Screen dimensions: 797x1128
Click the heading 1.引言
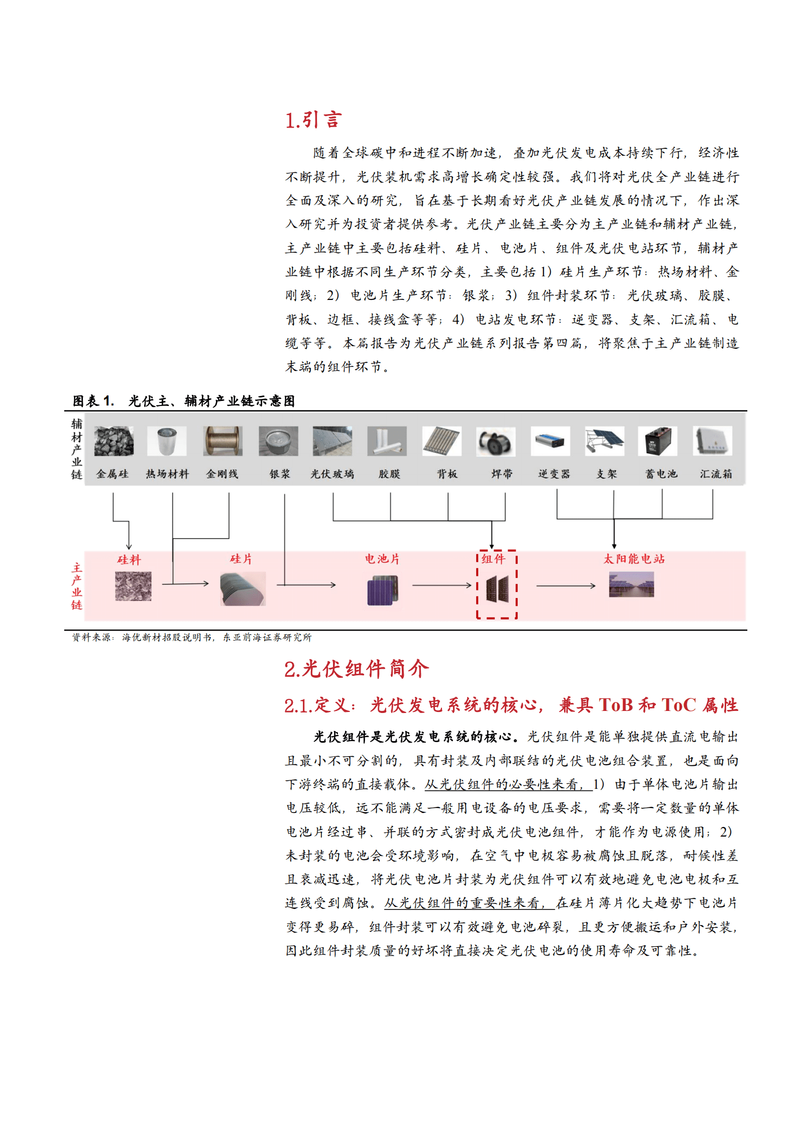(313, 120)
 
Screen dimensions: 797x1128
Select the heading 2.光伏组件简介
(356, 669)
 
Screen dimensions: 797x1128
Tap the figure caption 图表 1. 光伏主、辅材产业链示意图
(183, 401)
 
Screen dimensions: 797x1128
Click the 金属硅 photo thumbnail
(114, 441)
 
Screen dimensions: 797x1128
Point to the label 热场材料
(167, 474)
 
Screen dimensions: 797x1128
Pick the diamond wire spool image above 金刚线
(222, 441)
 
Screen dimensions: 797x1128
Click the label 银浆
(280, 474)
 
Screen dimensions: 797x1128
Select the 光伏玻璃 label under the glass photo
(332, 474)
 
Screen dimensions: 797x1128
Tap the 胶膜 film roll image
(387, 441)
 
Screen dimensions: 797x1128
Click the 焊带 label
(502, 474)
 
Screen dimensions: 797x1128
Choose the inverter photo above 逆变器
(550, 441)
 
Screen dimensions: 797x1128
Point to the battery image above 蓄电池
(657, 441)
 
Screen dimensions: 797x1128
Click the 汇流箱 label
(716, 474)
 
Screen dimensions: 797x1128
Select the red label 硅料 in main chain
(129, 560)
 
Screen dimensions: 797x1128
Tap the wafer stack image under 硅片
(243, 589)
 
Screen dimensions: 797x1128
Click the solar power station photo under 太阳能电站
(631, 585)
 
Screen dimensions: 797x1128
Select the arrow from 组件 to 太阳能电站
(565, 585)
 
